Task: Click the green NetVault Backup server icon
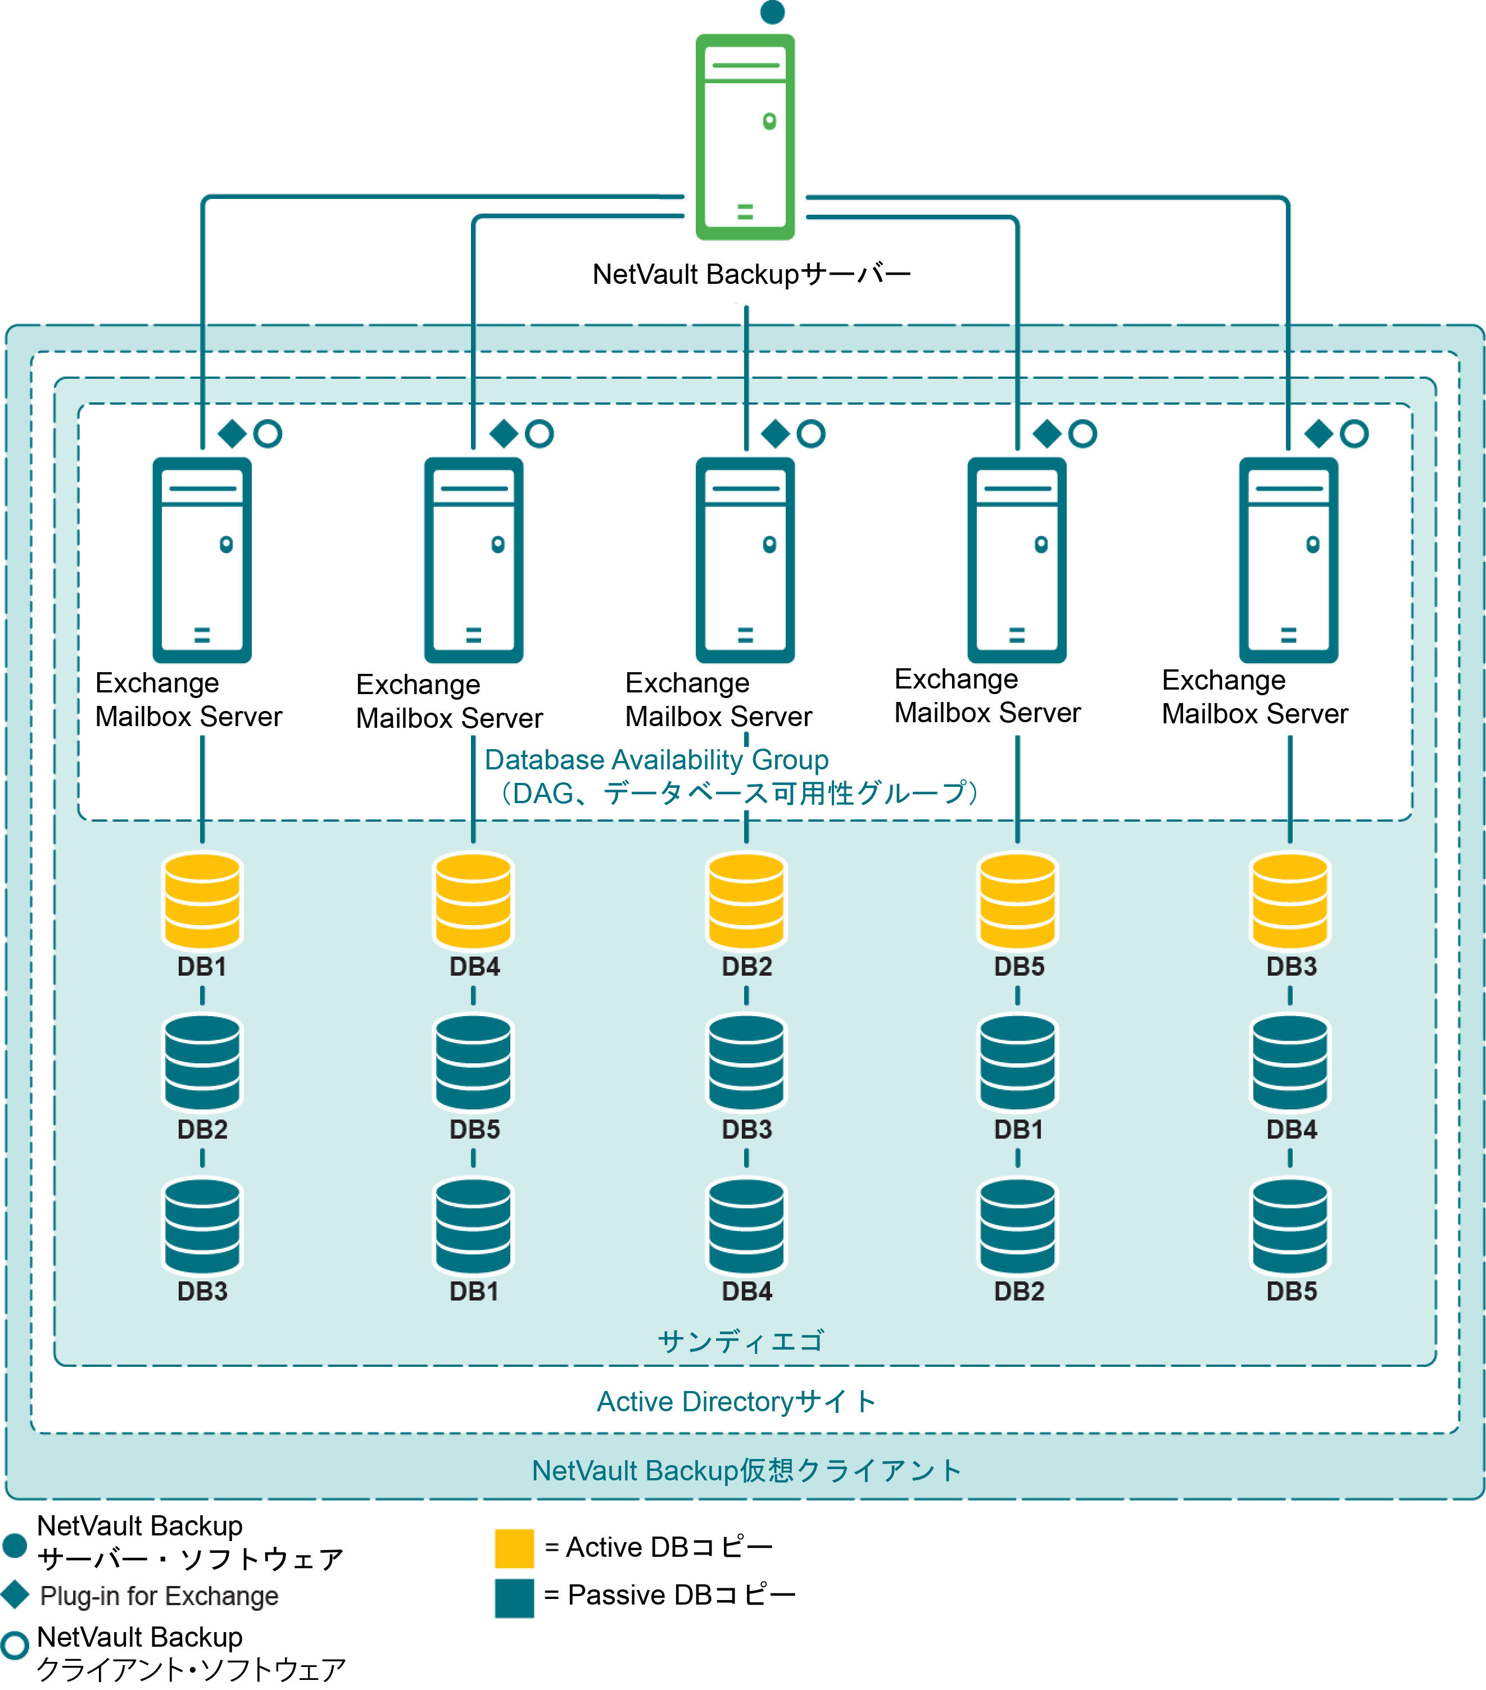[745, 137]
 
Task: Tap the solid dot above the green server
[772, 12]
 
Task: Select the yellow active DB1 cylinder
[202, 901]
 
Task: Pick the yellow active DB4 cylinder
[473, 901]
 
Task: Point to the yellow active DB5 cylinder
[1017, 901]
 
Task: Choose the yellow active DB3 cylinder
[1290, 901]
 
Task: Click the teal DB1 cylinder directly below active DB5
[1017, 1062]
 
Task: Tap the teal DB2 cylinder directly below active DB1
[202, 1062]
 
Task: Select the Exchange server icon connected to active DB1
[202, 560]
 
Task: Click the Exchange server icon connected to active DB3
[1288, 560]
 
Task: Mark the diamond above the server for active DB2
[775, 433]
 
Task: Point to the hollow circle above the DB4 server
[539, 433]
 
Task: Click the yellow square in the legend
[514, 1548]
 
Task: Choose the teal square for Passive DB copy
[514, 1597]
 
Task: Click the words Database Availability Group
[656, 760]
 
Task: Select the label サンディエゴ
[741, 1341]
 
